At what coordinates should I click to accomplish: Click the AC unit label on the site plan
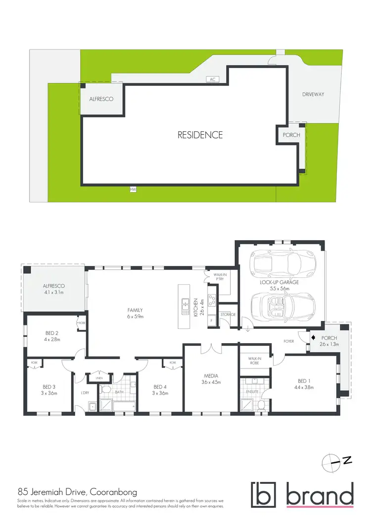click(x=213, y=79)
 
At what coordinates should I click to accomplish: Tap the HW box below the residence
click(x=133, y=189)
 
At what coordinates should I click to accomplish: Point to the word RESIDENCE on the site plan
click(x=200, y=135)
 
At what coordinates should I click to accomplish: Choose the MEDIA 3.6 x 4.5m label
click(x=211, y=379)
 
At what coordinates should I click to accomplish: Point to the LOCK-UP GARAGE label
click(x=279, y=285)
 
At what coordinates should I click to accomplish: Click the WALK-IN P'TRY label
click(x=219, y=277)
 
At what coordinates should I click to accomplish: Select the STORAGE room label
click(x=228, y=315)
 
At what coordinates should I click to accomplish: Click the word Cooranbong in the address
click(x=111, y=492)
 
